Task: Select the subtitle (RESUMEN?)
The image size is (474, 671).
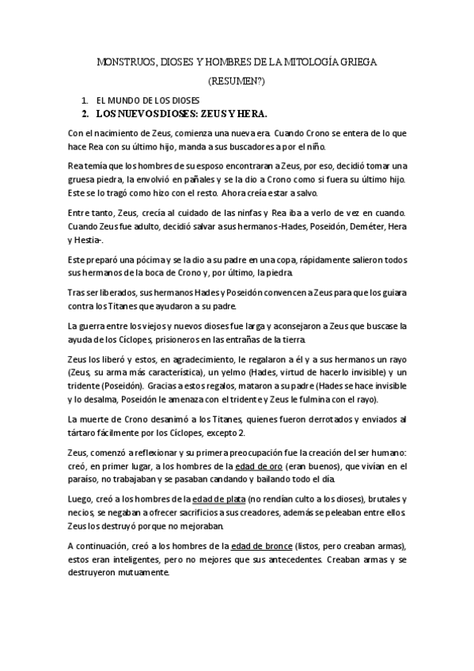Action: (237, 82)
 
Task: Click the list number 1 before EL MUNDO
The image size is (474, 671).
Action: (84, 102)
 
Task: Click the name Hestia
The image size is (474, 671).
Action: (86, 241)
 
